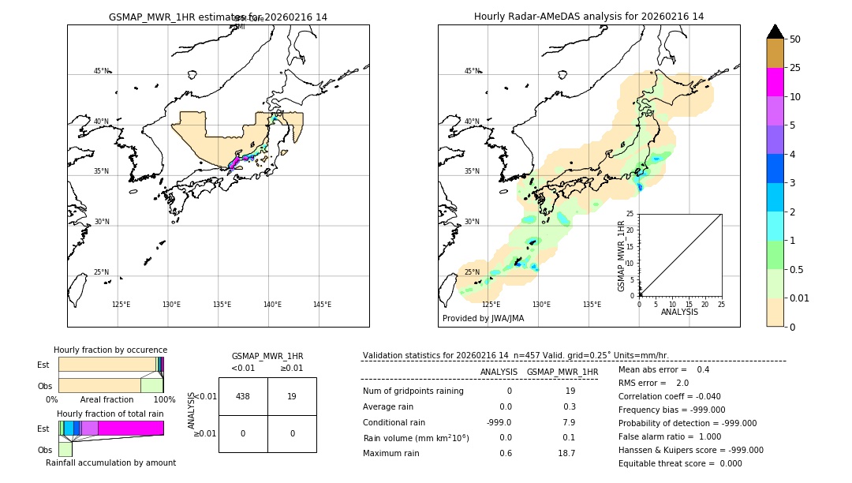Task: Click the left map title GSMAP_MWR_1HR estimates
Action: coord(218,17)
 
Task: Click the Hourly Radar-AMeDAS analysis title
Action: coord(589,17)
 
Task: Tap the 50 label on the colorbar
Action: coord(795,39)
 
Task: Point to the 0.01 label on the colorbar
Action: coord(800,298)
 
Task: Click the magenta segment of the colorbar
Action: coord(775,82)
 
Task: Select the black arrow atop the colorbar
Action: coord(775,32)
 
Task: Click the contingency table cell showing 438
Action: coord(243,397)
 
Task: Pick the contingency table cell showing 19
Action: coord(292,397)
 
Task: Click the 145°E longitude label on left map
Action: coord(322,305)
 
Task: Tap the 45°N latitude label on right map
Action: coord(472,71)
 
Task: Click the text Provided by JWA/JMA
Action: coord(483,319)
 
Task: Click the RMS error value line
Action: coord(654,384)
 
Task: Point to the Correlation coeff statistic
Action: coord(669,397)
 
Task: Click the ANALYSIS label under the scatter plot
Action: coord(679,312)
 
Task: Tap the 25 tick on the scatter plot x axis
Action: coord(721,304)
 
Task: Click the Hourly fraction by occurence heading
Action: coord(110,350)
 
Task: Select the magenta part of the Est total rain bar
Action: coord(131,428)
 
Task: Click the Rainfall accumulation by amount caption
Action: coord(110,462)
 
